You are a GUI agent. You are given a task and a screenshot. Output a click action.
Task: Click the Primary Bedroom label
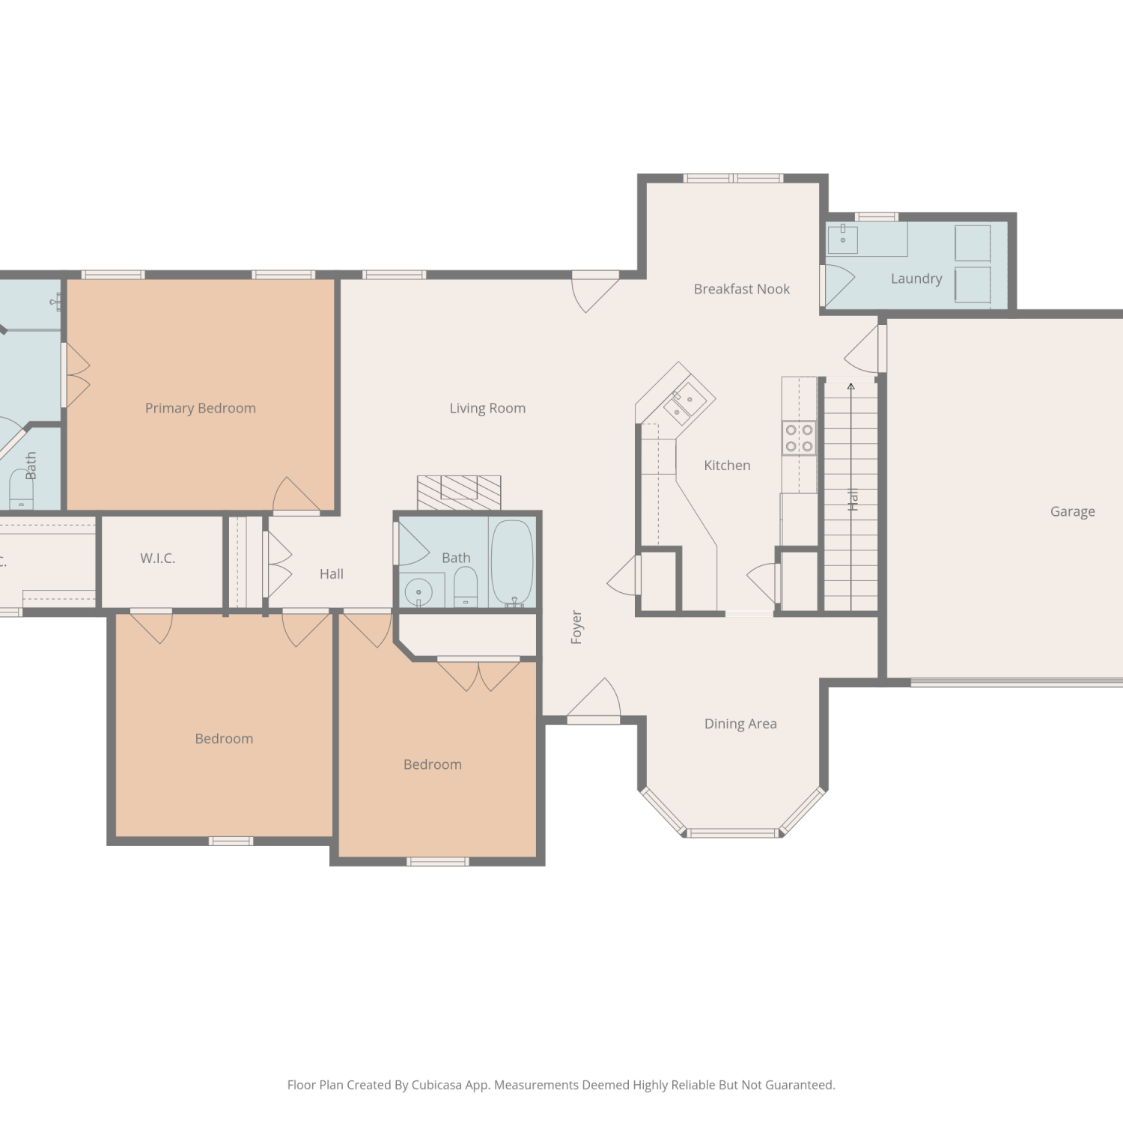click(x=200, y=408)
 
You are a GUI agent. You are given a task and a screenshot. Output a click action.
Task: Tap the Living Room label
click(x=487, y=408)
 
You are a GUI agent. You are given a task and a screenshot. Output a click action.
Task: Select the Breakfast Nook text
click(x=742, y=289)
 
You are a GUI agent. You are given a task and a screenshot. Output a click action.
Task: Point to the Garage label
click(x=1072, y=512)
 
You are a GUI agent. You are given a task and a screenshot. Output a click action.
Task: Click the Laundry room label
click(x=916, y=279)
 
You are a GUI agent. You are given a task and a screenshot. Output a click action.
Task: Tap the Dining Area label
click(x=740, y=724)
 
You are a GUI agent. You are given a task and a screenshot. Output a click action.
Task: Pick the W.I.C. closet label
click(x=157, y=559)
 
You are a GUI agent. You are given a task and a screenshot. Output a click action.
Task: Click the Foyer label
click(x=576, y=627)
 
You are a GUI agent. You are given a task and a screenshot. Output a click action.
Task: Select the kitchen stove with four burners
click(x=799, y=438)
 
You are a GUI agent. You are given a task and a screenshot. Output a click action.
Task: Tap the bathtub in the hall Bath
click(x=512, y=562)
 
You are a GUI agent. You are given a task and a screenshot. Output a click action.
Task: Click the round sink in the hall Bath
click(x=419, y=592)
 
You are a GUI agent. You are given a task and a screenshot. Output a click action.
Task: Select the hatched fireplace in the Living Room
click(x=459, y=493)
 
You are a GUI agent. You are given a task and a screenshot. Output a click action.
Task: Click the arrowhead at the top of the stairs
click(x=850, y=387)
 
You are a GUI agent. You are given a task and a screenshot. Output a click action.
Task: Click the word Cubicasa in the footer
click(x=436, y=1086)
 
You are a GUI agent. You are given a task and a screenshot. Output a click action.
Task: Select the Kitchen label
click(x=727, y=466)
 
